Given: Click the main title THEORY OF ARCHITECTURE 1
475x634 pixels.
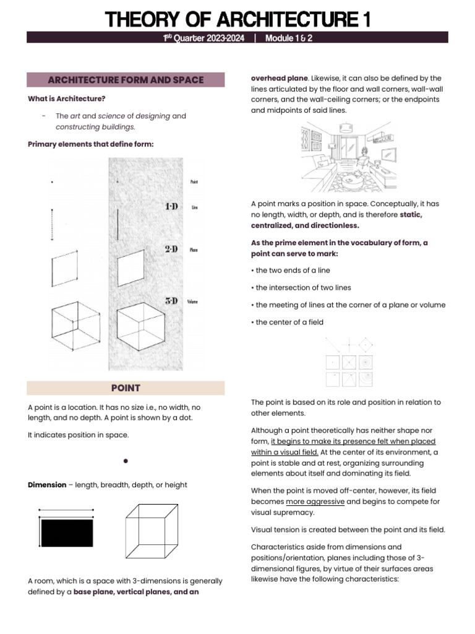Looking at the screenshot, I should tap(238, 20).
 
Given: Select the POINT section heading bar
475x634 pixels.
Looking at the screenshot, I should tap(126, 388).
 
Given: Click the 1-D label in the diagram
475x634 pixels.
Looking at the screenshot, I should tap(171, 206).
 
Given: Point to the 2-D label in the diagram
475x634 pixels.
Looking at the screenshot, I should tap(171, 249).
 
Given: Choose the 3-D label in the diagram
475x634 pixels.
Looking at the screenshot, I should tap(171, 301).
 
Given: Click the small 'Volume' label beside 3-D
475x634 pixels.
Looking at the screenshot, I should tap(192, 302).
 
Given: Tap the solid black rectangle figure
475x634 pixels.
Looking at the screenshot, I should tap(67, 532).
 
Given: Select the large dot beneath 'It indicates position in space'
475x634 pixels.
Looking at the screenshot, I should tap(126, 461).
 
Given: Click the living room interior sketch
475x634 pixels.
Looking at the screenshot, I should tap(350, 155).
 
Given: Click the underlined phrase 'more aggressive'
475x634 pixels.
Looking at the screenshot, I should tap(315, 502).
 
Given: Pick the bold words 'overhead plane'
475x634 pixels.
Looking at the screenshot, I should tap(279, 79).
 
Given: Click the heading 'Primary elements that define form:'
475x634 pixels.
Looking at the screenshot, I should tap(90, 144).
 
